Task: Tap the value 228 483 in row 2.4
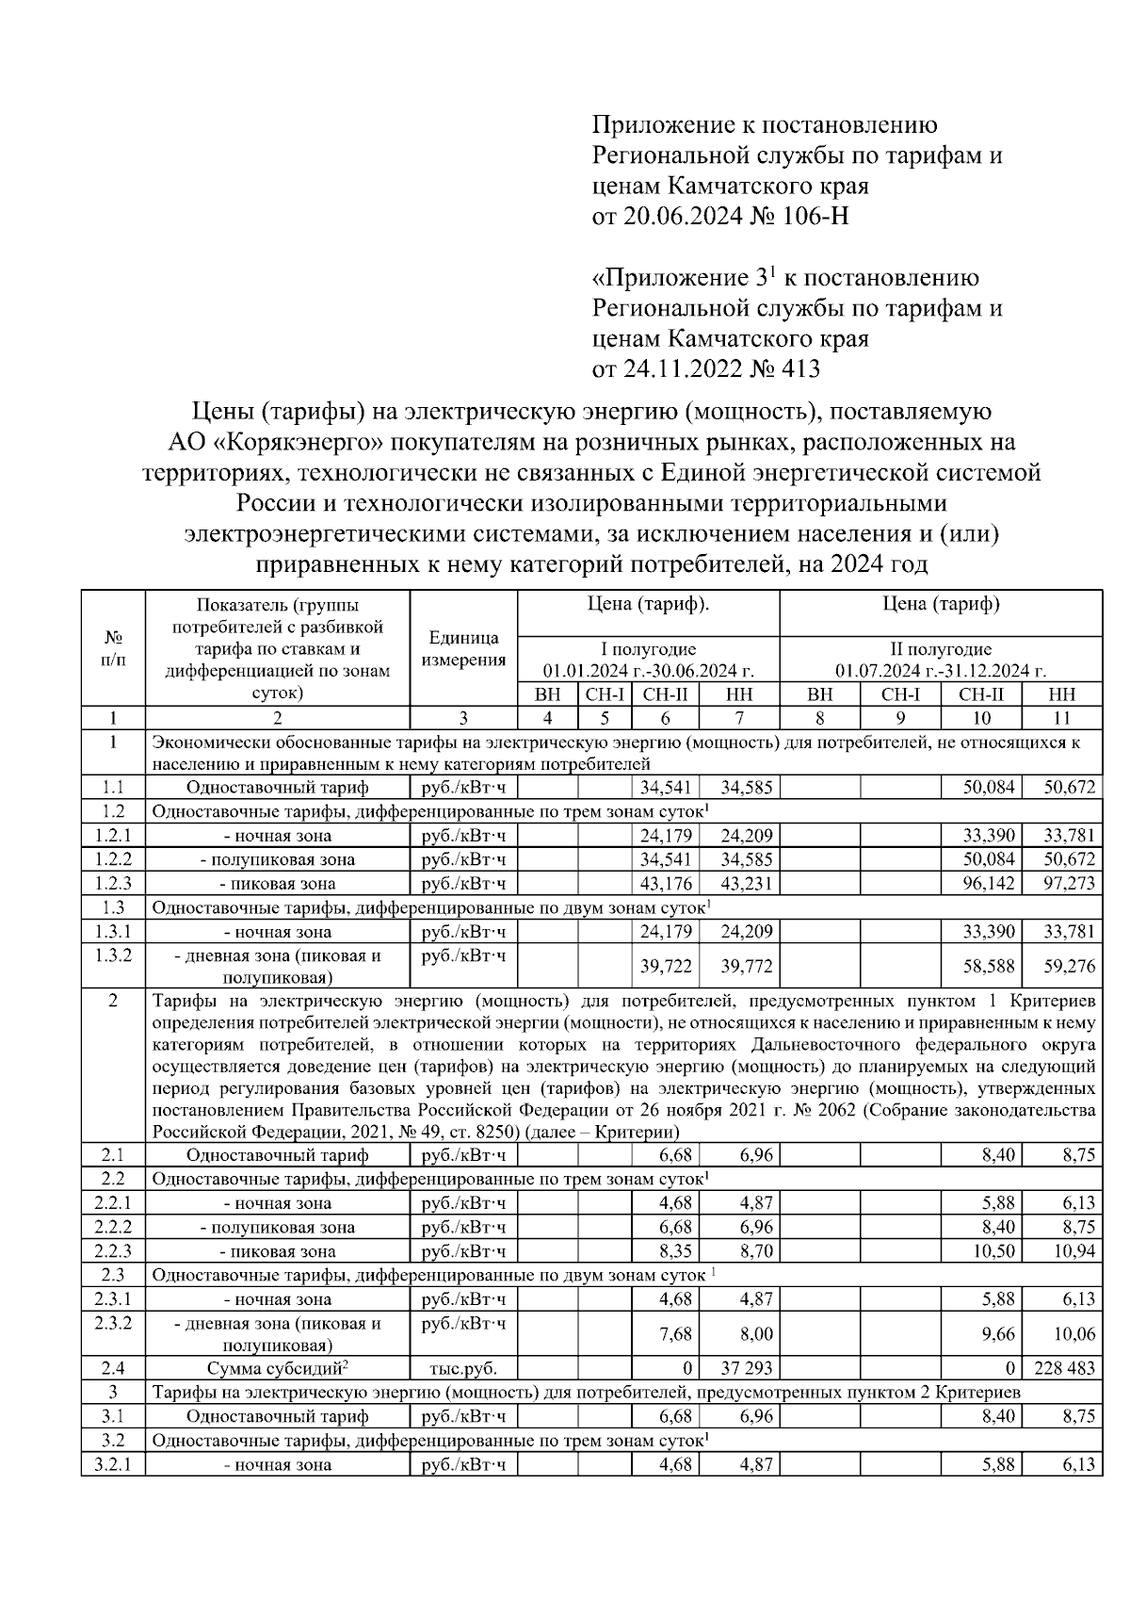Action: click(x=1064, y=1368)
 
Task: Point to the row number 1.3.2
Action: click(x=113, y=955)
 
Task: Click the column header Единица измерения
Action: click(x=463, y=648)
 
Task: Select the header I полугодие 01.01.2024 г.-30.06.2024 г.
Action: click(x=649, y=660)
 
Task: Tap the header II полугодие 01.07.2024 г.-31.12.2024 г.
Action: click(x=941, y=660)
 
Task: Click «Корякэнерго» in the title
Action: click(x=306, y=441)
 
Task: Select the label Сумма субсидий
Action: click(x=276, y=1368)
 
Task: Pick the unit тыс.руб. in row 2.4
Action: click(x=463, y=1368)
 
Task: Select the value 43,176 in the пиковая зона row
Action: click(x=666, y=884)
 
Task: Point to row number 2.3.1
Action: click(x=113, y=1299)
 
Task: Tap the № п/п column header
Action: click(x=113, y=648)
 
